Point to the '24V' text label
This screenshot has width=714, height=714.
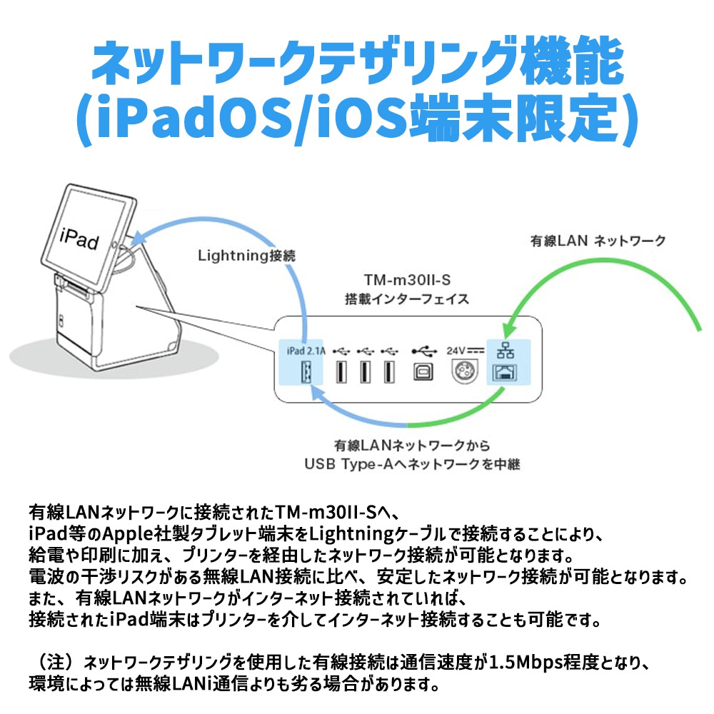pos(456,351)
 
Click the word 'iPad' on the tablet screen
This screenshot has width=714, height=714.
pos(79,237)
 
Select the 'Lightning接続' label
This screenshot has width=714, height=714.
pos(246,255)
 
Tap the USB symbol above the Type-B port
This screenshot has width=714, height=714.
pos(423,351)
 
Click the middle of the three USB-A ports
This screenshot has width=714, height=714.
pos(365,372)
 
